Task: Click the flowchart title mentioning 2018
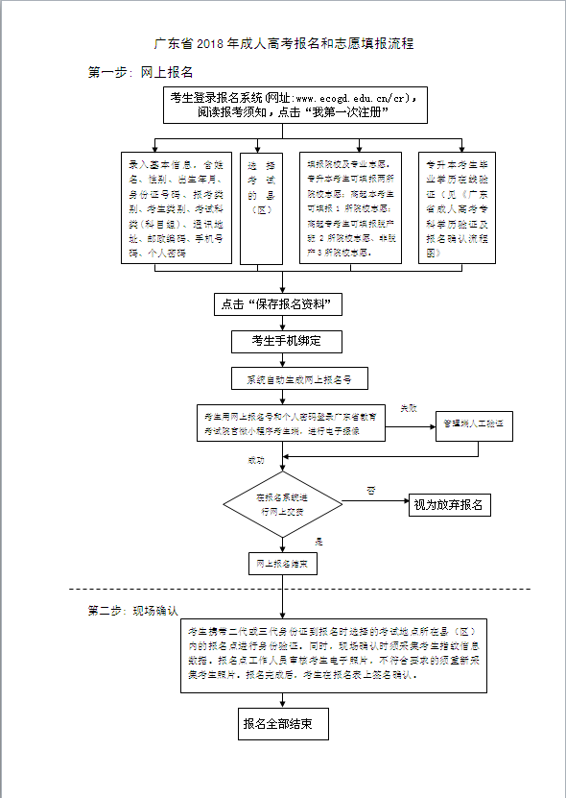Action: pos(284,44)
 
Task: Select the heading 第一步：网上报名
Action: pos(141,72)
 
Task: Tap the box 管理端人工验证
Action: pos(476,423)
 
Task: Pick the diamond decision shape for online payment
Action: pos(281,505)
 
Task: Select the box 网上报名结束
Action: pos(283,564)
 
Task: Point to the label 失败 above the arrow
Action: pos(409,408)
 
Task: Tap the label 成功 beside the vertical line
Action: pos(255,460)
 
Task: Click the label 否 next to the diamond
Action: pos(370,491)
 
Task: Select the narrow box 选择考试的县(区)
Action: pos(256,207)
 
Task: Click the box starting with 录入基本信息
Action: pos(176,207)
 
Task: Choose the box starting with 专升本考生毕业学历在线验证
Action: pos(461,207)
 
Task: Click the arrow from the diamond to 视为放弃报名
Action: pos(374,505)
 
